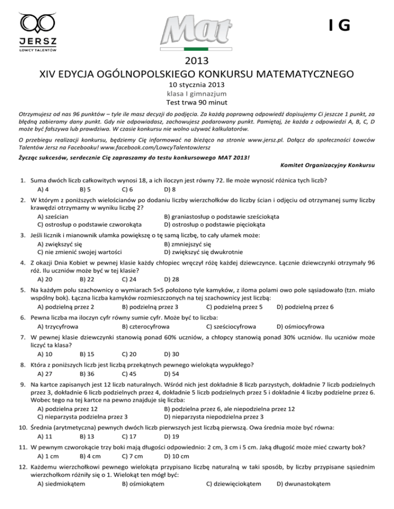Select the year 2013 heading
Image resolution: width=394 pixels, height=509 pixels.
[x=196, y=60]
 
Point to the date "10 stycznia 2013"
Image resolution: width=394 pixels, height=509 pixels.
[x=196, y=85]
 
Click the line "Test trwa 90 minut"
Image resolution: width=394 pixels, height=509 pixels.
[x=196, y=102]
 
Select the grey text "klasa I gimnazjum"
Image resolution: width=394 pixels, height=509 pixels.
[x=196, y=94]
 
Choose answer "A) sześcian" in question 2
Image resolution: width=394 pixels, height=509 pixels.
[x=58, y=216]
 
